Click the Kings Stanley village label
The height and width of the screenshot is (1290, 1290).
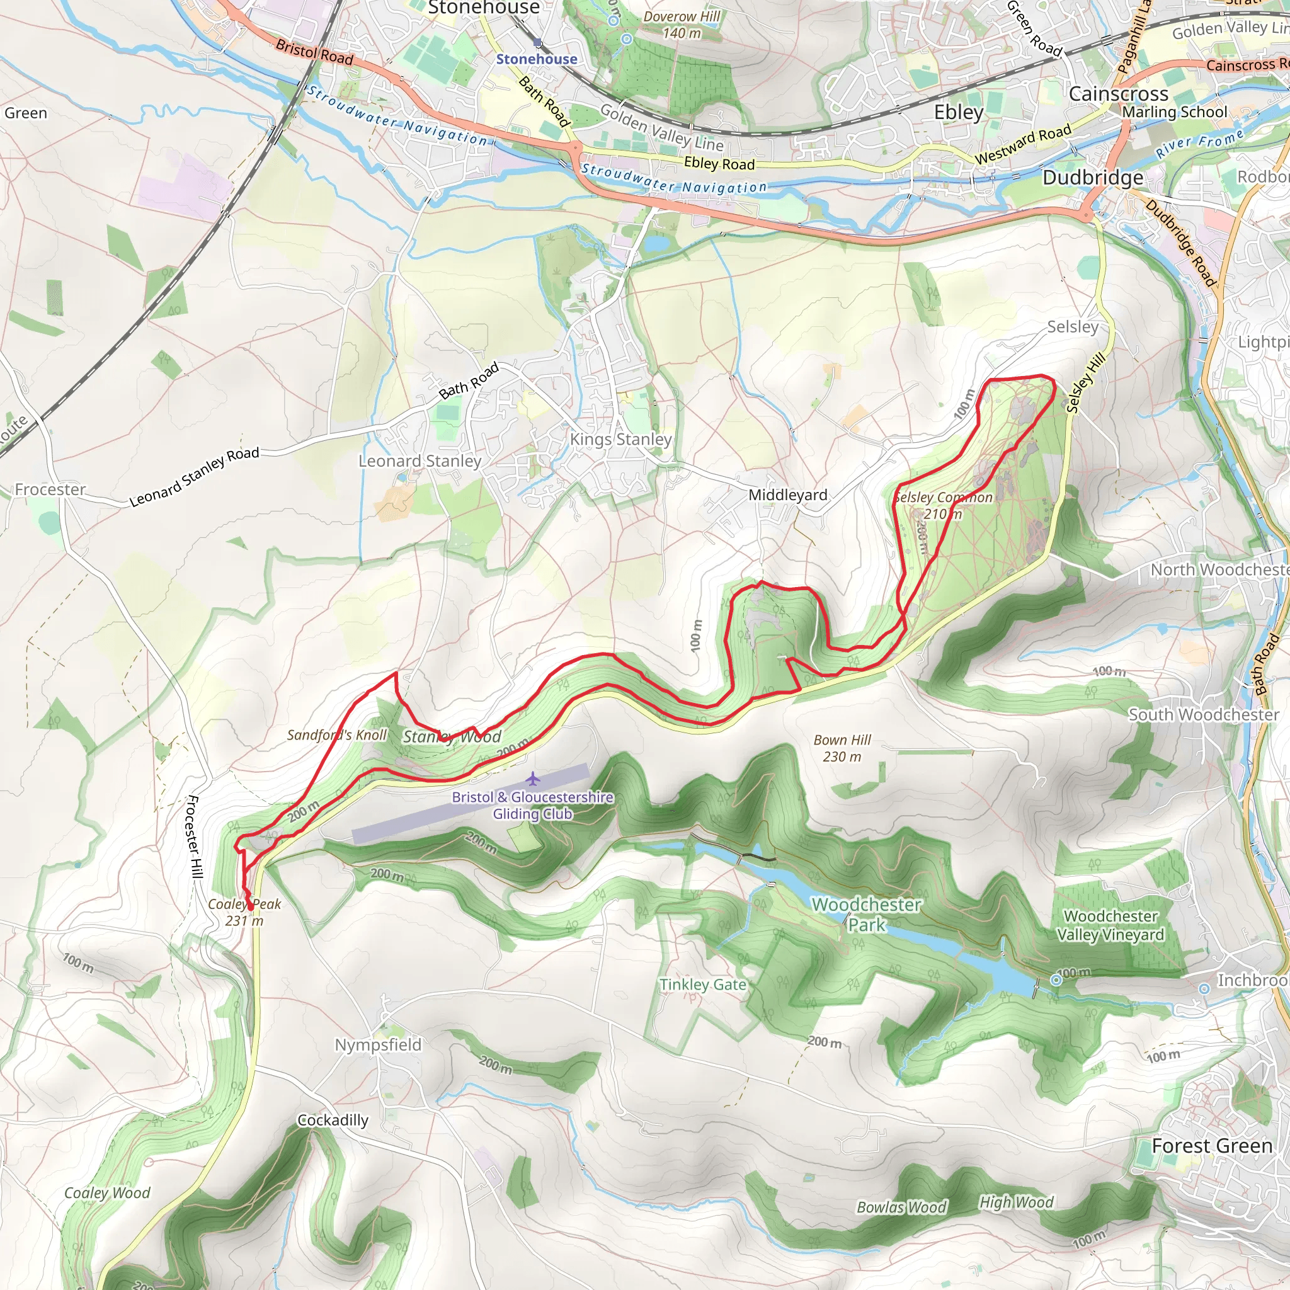pyautogui.click(x=620, y=440)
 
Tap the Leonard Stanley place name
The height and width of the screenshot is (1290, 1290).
pyautogui.click(x=420, y=460)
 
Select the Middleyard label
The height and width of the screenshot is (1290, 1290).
pyautogui.click(x=787, y=494)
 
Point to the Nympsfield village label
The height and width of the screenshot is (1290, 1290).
pyautogui.click(x=378, y=1045)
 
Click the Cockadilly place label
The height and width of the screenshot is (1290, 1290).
pyautogui.click(x=333, y=1121)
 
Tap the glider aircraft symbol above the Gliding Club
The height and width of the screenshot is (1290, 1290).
pyautogui.click(x=532, y=779)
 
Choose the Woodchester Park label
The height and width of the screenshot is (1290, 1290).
pyautogui.click(x=866, y=915)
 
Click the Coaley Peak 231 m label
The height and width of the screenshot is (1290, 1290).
pyautogui.click(x=244, y=912)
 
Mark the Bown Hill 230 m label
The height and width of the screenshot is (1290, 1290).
pyautogui.click(x=842, y=748)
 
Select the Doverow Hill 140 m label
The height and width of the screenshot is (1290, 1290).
pyautogui.click(x=681, y=25)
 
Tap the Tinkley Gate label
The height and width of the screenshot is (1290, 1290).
pyautogui.click(x=702, y=985)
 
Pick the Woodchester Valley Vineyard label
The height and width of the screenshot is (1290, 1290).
pyautogui.click(x=1110, y=925)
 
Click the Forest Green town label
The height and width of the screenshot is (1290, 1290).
pyautogui.click(x=1212, y=1146)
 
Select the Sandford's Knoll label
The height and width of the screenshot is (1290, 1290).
pyautogui.click(x=336, y=735)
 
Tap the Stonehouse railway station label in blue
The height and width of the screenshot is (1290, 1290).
pyautogui.click(x=536, y=59)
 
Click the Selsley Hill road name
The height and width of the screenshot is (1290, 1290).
pyautogui.click(x=1086, y=383)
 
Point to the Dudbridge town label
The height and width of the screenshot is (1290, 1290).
pyautogui.click(x=1092, y=178)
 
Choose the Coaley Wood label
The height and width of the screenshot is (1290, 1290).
pyautogui.click(x=107, y=1192)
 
